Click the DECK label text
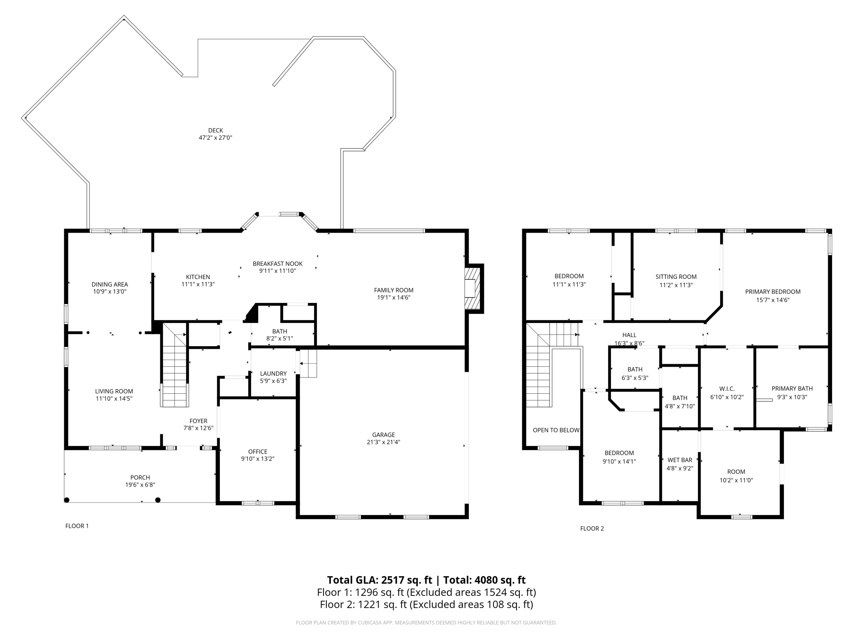click(215, 130)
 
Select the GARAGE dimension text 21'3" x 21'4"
click(383, 442)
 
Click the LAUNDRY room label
click(273, 374)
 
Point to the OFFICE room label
click(257, 452)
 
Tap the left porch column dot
click(67, 500)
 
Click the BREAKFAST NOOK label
click(277, 264)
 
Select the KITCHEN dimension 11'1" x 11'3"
click(198, 284)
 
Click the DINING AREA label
click(110, 285)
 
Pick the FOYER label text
click(198, 421)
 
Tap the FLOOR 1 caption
click(77, 526)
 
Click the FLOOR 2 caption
click(592, 528)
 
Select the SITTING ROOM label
click(676, 277)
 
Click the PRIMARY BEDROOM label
click(773, 292)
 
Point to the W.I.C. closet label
click(726, 389)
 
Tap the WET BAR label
click(680, 460)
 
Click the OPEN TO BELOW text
click(556, 430)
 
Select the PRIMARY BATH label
click(792, 388)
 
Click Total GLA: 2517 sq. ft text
click(379, 580)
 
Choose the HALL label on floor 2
click(629, 335)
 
